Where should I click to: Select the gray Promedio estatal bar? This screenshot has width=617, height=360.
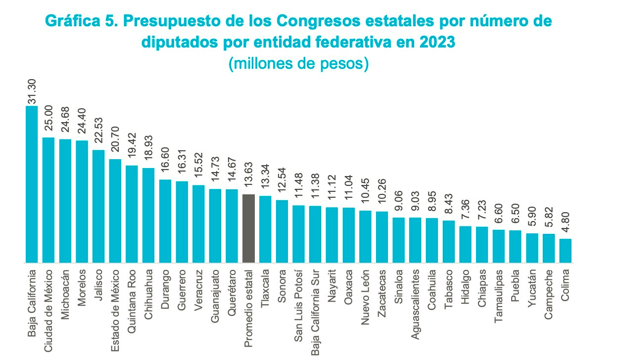coord(249,228)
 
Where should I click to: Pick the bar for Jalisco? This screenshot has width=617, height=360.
coord(98,206)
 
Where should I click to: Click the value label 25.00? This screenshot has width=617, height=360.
coord(48,122)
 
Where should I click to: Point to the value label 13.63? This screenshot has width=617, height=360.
coord(249,180)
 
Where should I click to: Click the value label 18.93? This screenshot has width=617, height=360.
coord(148,153)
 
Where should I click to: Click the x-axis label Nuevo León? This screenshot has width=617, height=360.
coord(365,295)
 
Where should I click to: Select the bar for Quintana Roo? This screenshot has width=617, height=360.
coord(132,214)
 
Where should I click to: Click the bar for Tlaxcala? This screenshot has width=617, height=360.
coord(265,229)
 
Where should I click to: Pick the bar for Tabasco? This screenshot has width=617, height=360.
coord(449,241)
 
